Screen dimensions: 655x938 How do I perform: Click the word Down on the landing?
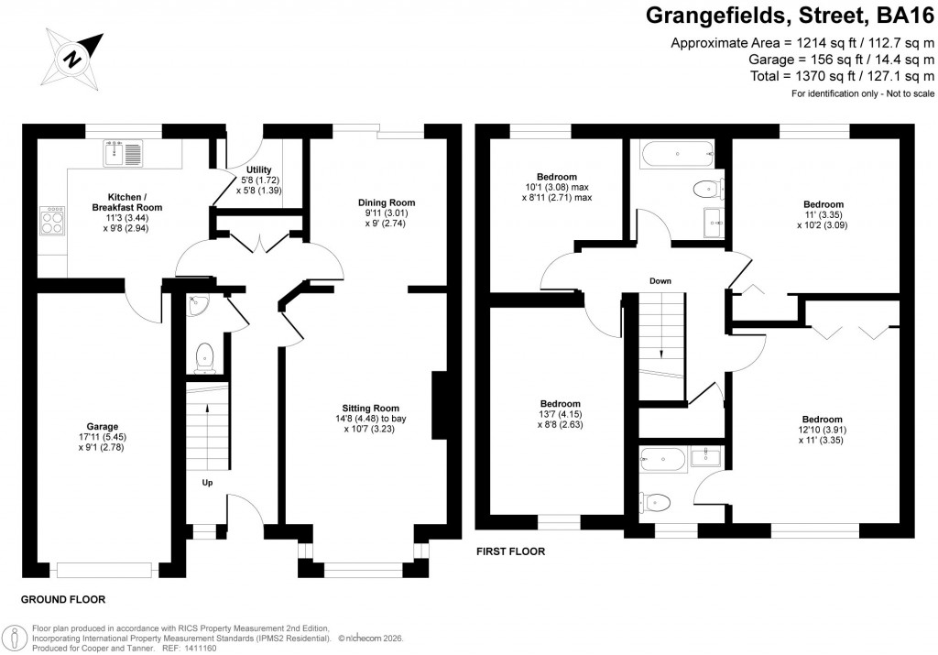coord(661,280)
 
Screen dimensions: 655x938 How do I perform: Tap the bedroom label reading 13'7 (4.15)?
coord(559,414)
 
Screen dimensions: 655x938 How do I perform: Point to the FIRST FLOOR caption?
coord(510,551)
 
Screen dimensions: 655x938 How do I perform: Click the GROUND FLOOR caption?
coord(63,599)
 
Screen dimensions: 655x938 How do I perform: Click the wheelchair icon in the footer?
coord(16,638)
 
